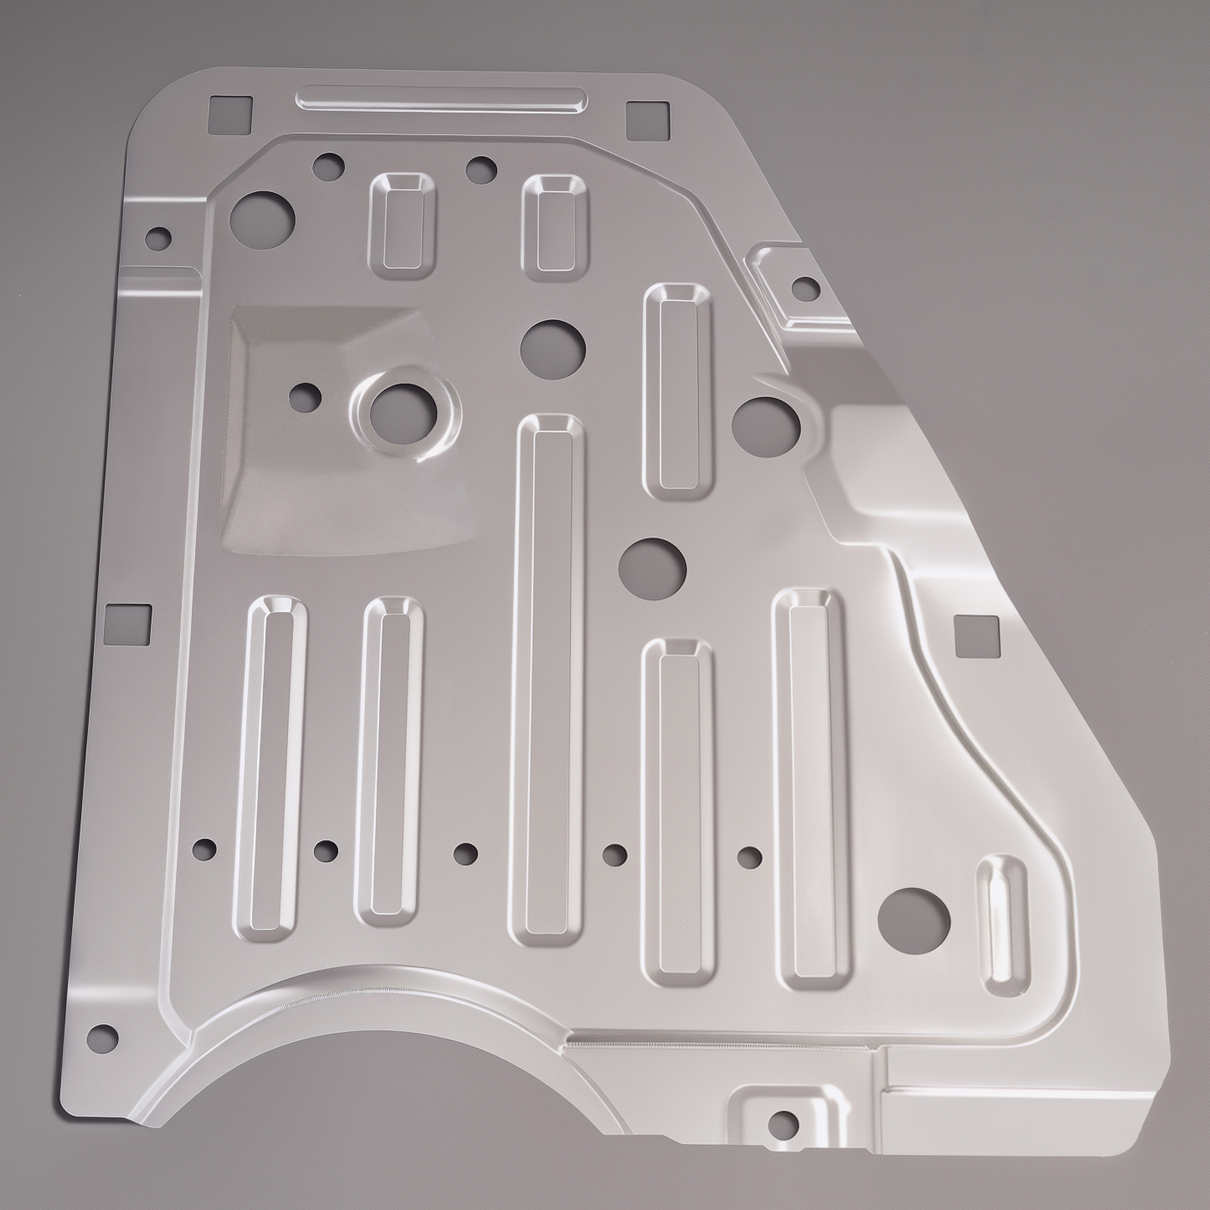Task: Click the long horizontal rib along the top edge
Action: pyautogui.click(x=442, y=99)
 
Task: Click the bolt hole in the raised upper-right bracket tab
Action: pyautogui.click(x=805, y=287)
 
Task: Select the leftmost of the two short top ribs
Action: pyautogui.click(x=403, y=222)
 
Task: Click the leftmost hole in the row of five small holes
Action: pyautogui.click(x=204, y=849)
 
